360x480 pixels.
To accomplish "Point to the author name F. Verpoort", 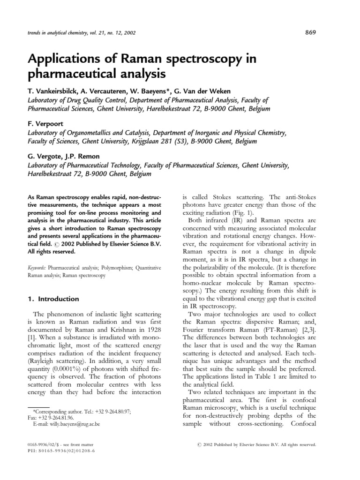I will click(x=45, y=124).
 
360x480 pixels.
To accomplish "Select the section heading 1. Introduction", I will click(x=52, y=299).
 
